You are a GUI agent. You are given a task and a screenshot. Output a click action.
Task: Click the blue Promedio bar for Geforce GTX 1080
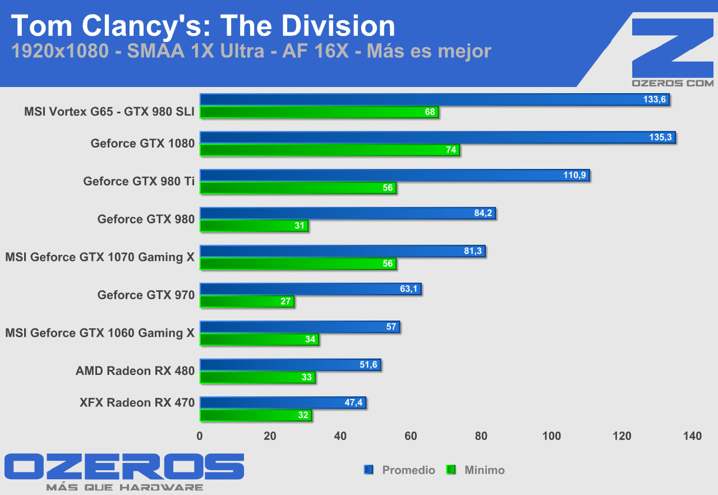[x=438, y=137]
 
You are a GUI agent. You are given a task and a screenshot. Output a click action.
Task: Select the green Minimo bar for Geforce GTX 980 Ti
[x=297, y=188]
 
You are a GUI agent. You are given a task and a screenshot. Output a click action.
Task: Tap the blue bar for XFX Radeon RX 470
[x=283, y=402]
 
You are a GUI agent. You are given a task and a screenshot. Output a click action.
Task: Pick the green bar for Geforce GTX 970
[x=247, y=301]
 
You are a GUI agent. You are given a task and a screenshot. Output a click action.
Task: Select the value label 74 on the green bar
[x=451, y=150]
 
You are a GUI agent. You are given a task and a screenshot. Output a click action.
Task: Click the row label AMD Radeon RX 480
[x=135, y=371]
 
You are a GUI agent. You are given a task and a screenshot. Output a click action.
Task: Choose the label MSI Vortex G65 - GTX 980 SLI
[x=109, y=112]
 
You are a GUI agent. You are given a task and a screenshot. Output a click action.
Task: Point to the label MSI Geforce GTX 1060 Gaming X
[x=100, y=333]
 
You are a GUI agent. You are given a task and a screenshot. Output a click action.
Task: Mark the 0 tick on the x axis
[x=200, y=436]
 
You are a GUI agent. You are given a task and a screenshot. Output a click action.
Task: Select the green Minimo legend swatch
[x=450, y=470]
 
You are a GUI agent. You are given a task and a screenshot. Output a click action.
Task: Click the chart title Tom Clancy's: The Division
[x=203, y=26]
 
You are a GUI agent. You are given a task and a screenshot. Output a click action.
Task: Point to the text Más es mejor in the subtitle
[x=429, y=51]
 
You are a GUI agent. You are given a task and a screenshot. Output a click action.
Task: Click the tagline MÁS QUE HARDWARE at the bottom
[x=125, y=487]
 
